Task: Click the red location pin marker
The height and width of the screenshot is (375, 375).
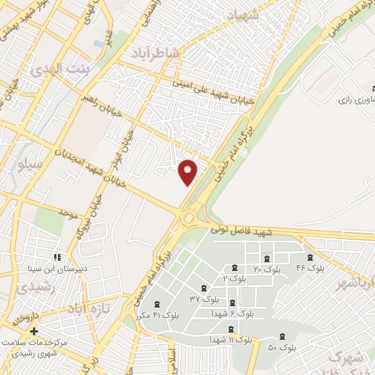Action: pyautogui.click(x=188, y=171)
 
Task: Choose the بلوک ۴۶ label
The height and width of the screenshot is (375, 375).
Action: pyautogui.click(x=310, y=268)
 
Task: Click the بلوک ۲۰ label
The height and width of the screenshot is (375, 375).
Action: pyautogui.click(x=267, y=270)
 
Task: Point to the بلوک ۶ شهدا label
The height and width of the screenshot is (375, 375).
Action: pyautogui.click(x=232, y=313)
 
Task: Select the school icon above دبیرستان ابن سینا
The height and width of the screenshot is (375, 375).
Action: pyautogui.click(x=56, y=257)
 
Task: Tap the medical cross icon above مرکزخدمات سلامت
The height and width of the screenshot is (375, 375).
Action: pyautogui.click(x=34, y=331)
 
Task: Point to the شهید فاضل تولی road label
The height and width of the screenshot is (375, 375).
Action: pyautogui.click(x=241, y=230)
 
